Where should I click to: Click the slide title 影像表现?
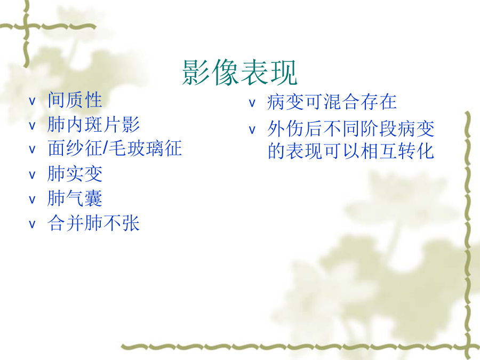point(239,72)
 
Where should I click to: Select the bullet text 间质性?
point(75,100)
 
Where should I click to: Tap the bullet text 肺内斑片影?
point(93,125)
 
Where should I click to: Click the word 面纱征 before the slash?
point(75,148)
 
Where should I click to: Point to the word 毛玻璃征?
point(146,148)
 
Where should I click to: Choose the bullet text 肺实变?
point(75,173)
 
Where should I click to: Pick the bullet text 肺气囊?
point(75,198)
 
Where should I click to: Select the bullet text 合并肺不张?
point(93,222)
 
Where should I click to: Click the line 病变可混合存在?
point(332,102)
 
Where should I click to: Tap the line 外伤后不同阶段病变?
point(351,129)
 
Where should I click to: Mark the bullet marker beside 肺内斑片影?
point(32,126)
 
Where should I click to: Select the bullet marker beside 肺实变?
point(32,175)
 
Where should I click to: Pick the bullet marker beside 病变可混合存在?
point(252,103)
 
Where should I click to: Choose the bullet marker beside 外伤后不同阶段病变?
point(252,130)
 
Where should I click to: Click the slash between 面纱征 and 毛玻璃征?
point(106,149)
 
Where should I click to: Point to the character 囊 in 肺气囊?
point(93,198)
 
